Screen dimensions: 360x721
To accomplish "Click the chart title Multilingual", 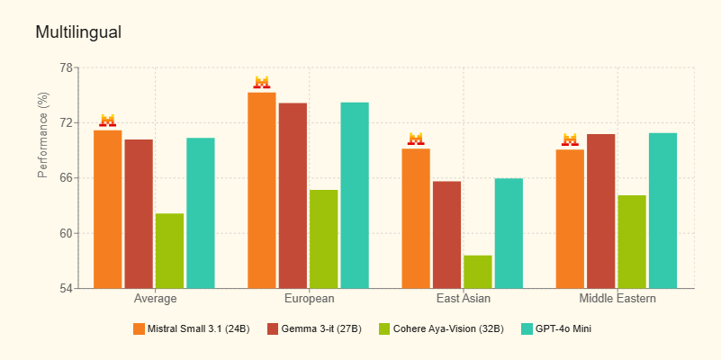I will point(78,32).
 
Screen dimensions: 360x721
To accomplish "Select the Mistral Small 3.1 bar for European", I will point(262,190).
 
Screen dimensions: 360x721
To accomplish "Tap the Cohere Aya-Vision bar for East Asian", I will point(478,272).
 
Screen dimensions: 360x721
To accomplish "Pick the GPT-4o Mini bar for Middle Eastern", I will point(662,211).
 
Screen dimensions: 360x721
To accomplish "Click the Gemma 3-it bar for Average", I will point(139,214).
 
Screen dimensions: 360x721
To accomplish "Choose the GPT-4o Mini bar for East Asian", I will point(509,233).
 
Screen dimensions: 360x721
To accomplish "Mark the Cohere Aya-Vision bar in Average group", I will point(169,251).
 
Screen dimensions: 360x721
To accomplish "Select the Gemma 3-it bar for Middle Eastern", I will point(601,211).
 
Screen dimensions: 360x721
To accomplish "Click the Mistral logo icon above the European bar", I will point(262,83).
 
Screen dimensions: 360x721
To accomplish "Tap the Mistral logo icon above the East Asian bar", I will point(416,139).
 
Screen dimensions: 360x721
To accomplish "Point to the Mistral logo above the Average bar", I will point(108,121).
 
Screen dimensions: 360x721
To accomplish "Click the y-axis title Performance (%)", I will point(43,135).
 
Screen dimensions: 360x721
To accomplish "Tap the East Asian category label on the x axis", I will point(463,299).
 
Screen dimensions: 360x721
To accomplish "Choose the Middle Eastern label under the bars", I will point(617,299).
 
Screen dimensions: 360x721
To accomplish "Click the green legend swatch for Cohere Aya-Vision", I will point(384,328).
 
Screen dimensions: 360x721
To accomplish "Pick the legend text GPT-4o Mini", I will point(564,328).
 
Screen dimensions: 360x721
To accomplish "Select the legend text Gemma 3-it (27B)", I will point(322,328).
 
